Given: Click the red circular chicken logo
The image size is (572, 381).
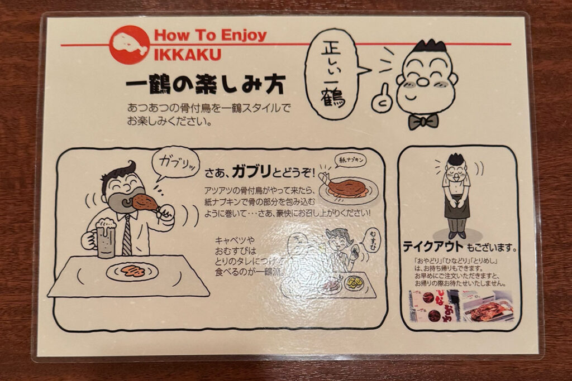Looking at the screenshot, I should [x=129, y=45].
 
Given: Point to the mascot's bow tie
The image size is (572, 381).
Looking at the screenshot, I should [x=423, y=121].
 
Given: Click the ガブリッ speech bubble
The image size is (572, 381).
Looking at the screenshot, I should [x=175, y=163].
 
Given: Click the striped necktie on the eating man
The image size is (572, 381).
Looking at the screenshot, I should [x=127, y=234].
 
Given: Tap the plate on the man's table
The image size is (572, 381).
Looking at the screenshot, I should [x=132, y=272].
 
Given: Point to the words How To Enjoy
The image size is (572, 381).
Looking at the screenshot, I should [x=210, y=36].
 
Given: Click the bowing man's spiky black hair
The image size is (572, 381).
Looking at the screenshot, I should [x=456, y=159].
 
